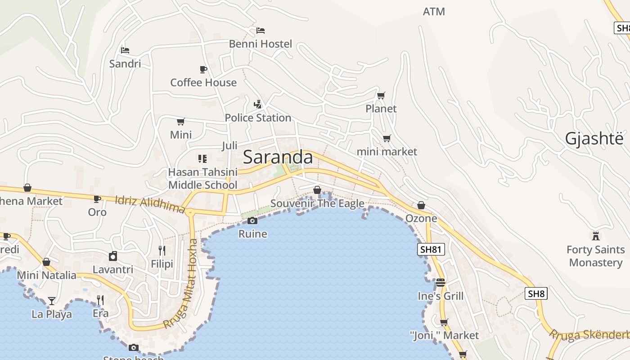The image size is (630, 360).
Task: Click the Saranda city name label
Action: point(278,157)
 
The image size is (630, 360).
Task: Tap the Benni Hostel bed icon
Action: point(261,31)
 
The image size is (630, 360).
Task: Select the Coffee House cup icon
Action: point(203,69)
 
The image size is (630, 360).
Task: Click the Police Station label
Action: point(258,118)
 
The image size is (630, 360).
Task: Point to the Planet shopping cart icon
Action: point(381,95)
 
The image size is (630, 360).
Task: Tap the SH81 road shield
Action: point(431,249)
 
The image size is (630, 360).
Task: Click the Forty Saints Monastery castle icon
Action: point(596,236)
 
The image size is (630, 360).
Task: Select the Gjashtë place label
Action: point(594,139)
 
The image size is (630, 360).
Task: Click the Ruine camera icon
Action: point(252,220)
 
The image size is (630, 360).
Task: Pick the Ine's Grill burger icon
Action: point(440,283)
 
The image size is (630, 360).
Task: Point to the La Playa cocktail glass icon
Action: point(52,301)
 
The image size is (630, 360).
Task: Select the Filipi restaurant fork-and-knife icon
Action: point(162,250)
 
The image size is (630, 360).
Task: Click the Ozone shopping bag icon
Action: point(421,205)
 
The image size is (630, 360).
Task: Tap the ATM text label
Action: point(434,12)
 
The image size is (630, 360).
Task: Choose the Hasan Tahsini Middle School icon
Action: point(202,158)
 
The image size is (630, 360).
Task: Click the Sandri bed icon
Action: point(125,50)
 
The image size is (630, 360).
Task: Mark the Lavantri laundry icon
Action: point(113,256)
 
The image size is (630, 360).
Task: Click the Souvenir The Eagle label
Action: point(317,203)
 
